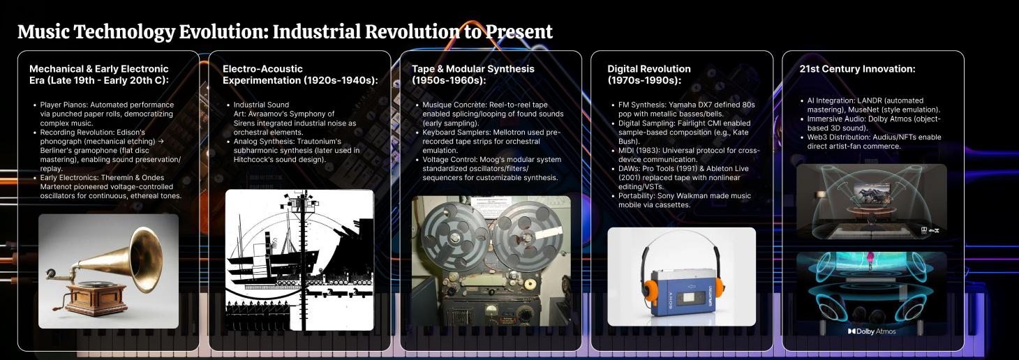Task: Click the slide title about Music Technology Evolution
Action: pyautogui.click(x=285, y=32)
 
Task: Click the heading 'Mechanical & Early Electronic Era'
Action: pyautogui.click(x=98, y=75)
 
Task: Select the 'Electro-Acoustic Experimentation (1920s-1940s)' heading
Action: pyautogui.click(x=300, y=75)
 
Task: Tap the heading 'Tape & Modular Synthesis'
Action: pyautogui.click(x=473, y=75)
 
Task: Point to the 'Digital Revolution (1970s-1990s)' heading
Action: pyautogui.click(x=648, y=75)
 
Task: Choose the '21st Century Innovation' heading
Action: pyautogui.click(x=857, y=69)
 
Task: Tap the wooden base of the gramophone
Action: pyautogui.click(x=96, y=298)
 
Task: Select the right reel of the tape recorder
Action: pyautogui.click(x=527, y=235)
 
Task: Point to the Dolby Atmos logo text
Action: pyautogui.click(x=872, y=331)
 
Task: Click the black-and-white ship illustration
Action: pyautogui.click(x=299, y=260)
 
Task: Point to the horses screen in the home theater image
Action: pyautogui.click(x=871, y=194)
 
